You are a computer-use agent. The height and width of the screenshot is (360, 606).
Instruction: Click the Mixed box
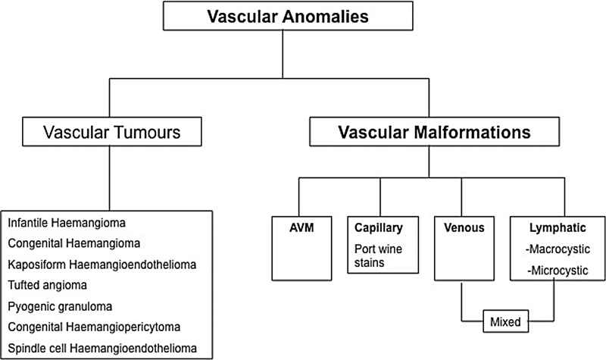tap(506, 321)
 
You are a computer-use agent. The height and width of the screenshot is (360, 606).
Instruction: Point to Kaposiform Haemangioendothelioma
tap(102, 264)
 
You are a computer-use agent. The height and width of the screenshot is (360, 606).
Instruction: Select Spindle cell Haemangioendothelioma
tap(102, 347)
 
